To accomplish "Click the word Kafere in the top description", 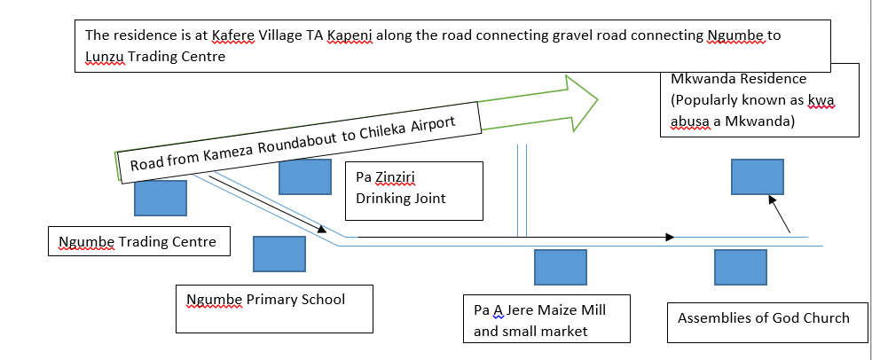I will [234, 36].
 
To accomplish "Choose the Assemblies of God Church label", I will [762, 317].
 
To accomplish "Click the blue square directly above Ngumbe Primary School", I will [279, 254].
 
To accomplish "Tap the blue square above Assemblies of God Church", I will [741, 267].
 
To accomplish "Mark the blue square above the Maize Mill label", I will [560, 267].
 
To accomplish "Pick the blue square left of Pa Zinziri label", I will [304, 176].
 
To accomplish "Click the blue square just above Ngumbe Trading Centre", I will [160, 198].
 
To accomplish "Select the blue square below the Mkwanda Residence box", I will [756, 176].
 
